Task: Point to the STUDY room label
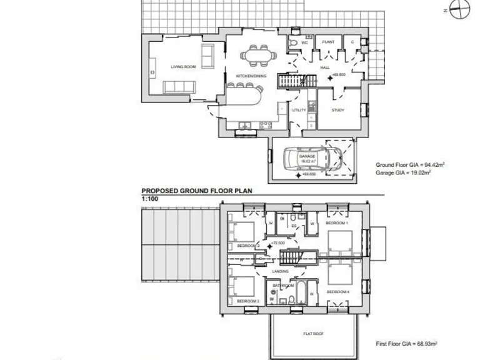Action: click(x=338, y=110)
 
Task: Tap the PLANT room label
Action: click(x=328, y=42)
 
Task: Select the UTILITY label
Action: click(x=299, y=110)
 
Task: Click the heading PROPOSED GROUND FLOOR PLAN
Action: click(x=196, y=191)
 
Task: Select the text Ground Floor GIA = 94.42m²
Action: click(x=409, y=165)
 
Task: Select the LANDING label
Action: click(x=281, y=271)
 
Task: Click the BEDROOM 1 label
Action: click(x=337, y=223)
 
